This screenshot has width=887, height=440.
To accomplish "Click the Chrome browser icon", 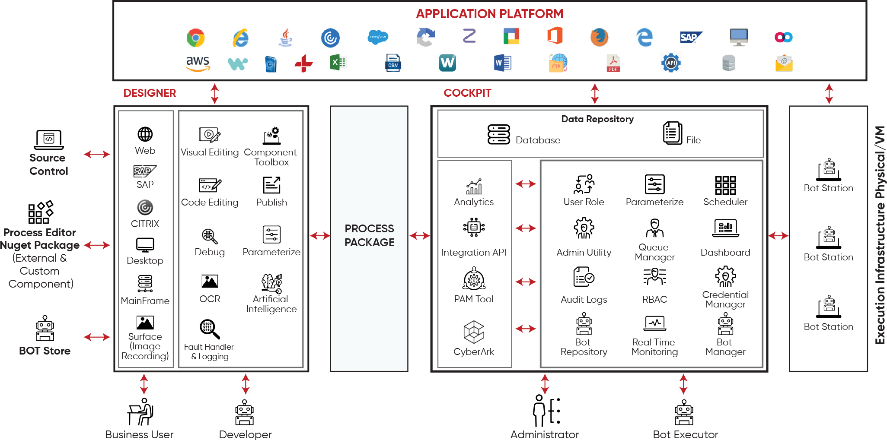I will pyautogui.click(x=195, y=38).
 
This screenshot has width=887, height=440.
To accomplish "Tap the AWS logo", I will pyautogui.click(x=198, y=63).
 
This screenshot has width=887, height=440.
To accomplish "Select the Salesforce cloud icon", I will pyautogui.click(x=378, y=37).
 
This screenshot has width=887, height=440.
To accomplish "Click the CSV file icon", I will pyautogui.click(x=392, y=63).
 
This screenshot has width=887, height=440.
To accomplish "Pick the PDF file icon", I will pyautogui.click(x=613, y=63).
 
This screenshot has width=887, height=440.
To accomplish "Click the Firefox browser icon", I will pyautogui.click(x=599, y=37).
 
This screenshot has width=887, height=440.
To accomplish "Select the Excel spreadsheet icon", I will pyautogui.click(x=338, y=63).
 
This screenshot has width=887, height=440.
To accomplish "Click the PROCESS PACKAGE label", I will pyautogui.click(x=369, y=235).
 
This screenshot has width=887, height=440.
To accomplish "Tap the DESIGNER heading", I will pyautogui.click(x=150, y=93).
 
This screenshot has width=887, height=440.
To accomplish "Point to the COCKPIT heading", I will pyautogui.click(x=467, y=93).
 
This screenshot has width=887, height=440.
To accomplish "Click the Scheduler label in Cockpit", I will pyautogui.click(x=725, y=202).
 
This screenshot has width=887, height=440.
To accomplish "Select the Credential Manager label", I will pyautogui.click(x=725, y=300).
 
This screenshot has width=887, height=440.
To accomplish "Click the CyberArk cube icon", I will pyautogui.click(x=474, y=332).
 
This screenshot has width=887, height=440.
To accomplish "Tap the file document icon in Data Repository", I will pyautogui.click(x=671, y=132).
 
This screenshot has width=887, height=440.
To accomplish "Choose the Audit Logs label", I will pyautogui.click(x=584, y=300).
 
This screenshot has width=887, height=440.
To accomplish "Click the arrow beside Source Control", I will pyautogui.click(x=97, y=154).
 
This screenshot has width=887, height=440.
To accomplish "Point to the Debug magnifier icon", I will pyautogui.click(x=210, y=236).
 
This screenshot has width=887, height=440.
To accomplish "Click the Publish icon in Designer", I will pyautogui.click(x=271, y=185).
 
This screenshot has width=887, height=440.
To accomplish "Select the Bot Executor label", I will pyautogui.click(x=685, y=434).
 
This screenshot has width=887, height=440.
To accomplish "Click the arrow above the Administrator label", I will pyautogui.click(x=545, y=384).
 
